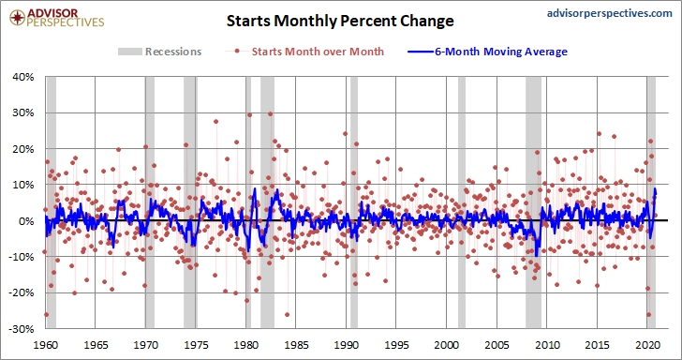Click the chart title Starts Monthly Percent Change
[340, 21]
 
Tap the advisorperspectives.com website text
[609, 13]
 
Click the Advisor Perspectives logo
[57, 18]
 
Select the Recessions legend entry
[159, 52]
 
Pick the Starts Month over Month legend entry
[304, 52]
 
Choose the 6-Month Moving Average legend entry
[487, 52]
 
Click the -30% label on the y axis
[23, 329]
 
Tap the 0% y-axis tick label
[27, 220]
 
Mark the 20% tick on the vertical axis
[24, 149]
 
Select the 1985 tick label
[296, 343]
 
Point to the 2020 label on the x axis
[646, 343]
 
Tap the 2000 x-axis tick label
[446, 343]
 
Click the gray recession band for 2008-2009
[533, 202]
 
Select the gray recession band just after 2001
[462, 202]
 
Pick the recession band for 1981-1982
[268, 202]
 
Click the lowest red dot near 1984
[287, 314]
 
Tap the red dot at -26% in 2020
[649, 314]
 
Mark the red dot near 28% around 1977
[215, 122]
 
